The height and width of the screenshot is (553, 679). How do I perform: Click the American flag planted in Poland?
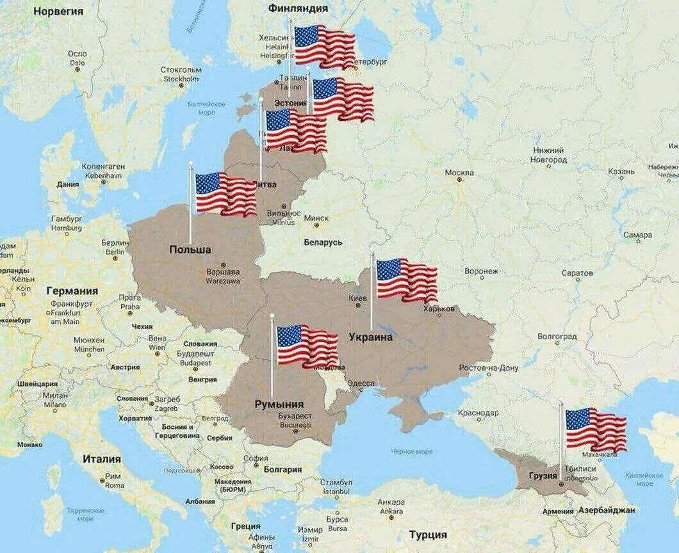click(x=225, y=193)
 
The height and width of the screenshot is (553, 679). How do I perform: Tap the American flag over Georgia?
click(x=595, y=429)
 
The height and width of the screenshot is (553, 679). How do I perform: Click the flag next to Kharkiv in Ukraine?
click(x=406, y=280)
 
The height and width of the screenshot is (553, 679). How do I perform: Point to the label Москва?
click(x=459, y=173)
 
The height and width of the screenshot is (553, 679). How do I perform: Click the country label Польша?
click(x=190, y=250)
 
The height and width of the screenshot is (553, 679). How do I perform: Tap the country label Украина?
click(x=370, y=337)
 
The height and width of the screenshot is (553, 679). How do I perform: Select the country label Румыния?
click(x=279, y=404)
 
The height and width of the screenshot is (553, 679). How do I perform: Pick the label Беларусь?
click(x=323, y=243)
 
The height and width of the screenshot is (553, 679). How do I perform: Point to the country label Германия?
click(x=72, y=291)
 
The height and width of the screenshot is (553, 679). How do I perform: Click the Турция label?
click(x=428, y=534)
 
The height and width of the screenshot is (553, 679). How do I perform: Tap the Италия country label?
click(x=101, y=459)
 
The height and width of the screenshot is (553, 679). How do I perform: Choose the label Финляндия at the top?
click(x=298, y=8)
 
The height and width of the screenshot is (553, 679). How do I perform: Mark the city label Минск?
click(x=316, y=218)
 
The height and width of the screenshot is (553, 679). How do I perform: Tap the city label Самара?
click(x=638, y=236)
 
